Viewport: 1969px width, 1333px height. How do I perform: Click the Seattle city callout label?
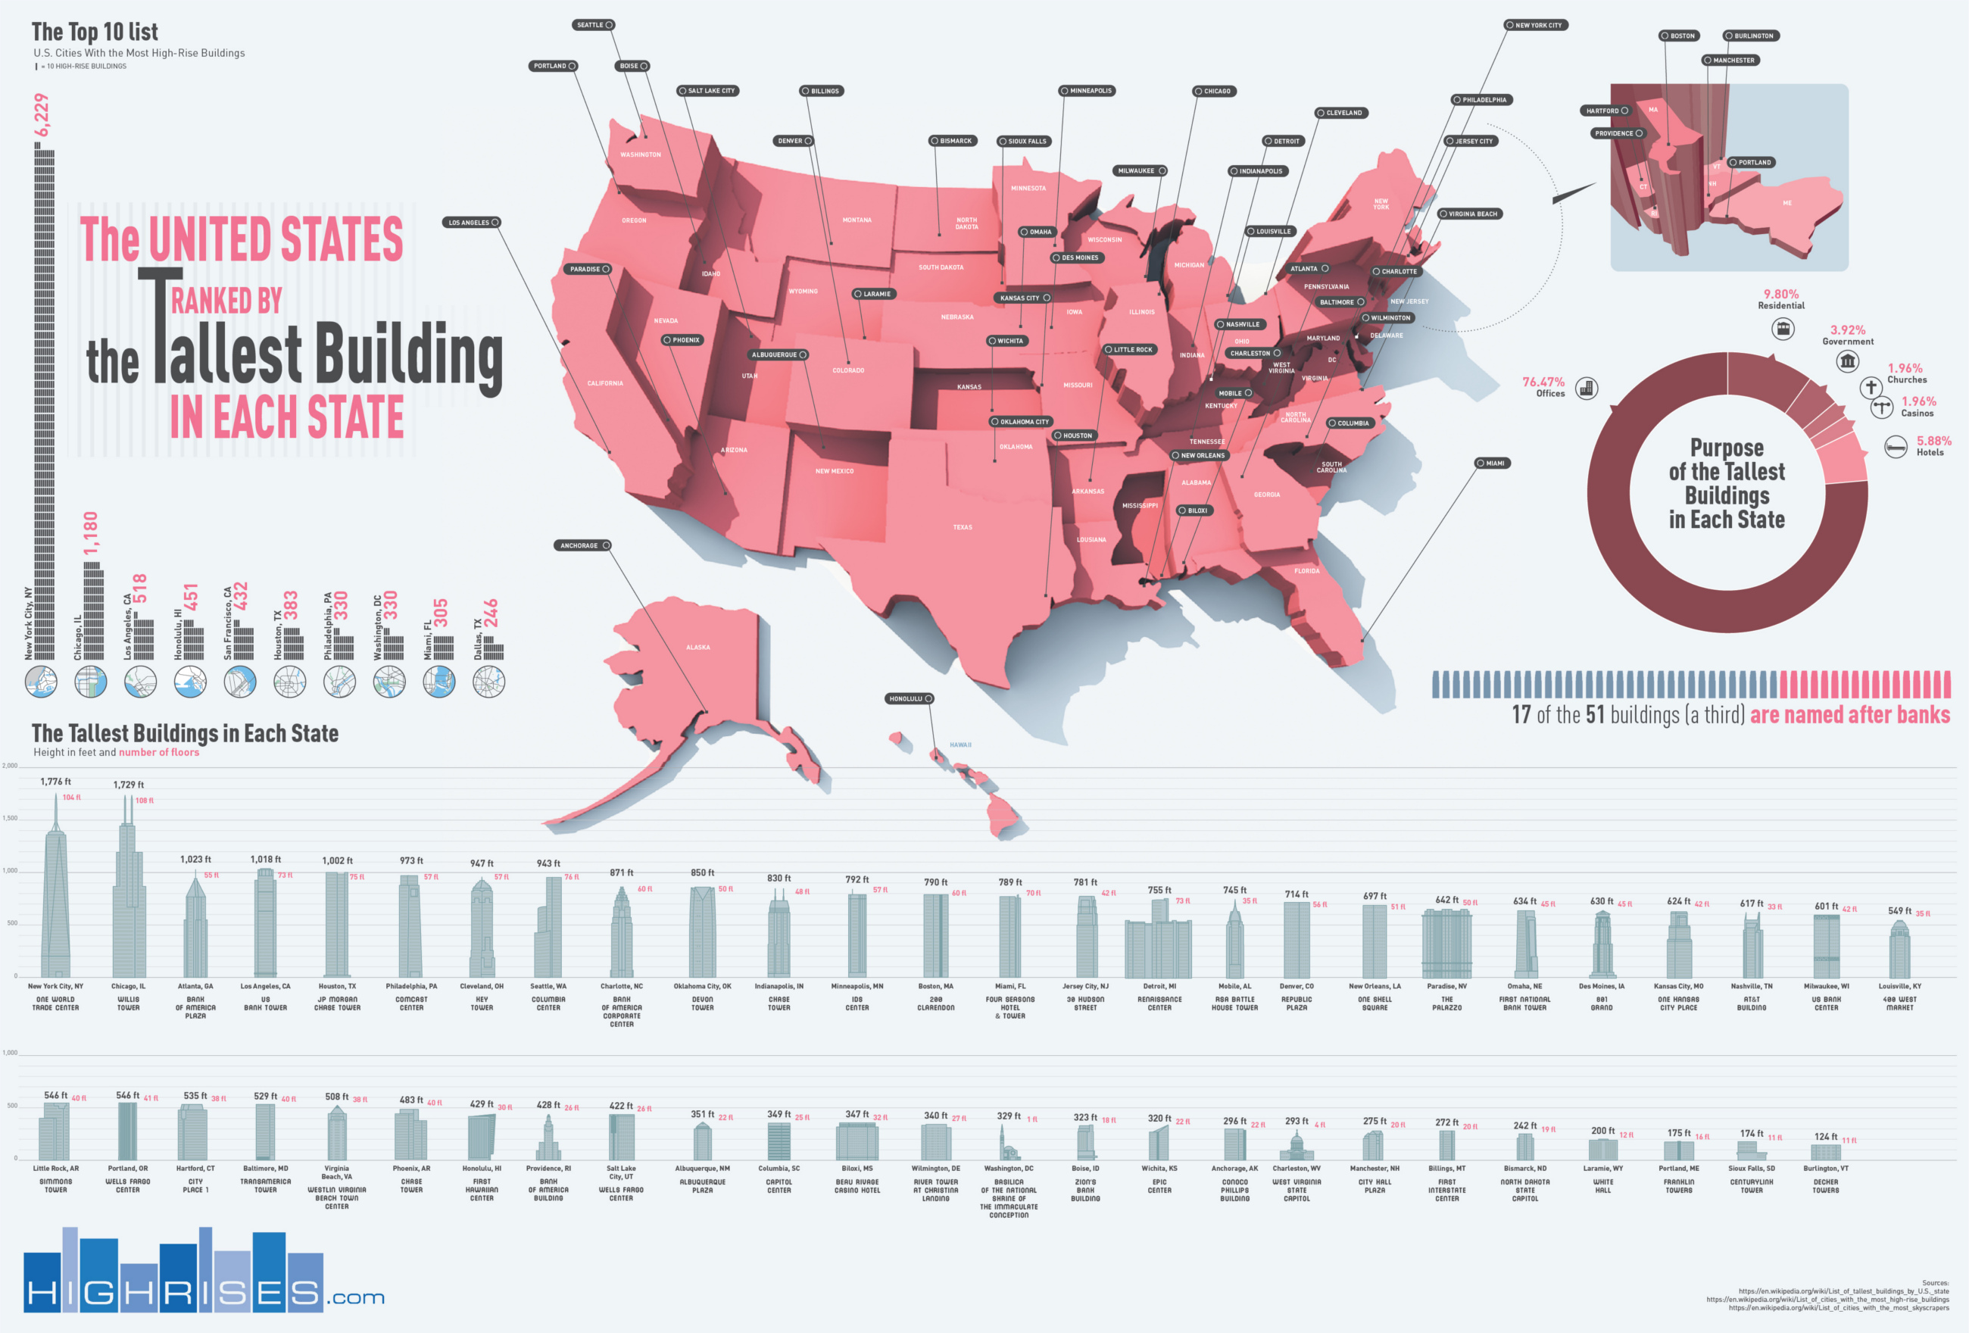tap(592, 24)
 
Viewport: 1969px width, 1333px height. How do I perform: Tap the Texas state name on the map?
tap(963, 527)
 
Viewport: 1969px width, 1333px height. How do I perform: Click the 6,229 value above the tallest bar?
tap(42, 114)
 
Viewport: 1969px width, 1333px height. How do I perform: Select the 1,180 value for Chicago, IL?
tap(91, 533)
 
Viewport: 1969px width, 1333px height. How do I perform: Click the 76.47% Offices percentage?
tap(1543, 382)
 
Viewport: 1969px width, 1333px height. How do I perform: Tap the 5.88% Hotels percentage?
tap(1934, 441)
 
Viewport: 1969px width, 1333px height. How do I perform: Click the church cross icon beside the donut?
tap(1871, 387)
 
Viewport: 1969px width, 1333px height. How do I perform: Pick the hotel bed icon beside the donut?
tap(1896, 446)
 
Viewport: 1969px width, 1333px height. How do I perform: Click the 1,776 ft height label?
tap(56, 782)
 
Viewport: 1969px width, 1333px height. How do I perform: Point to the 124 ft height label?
tap(1826, 1136)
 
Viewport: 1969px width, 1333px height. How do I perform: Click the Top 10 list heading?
tap(95, 33)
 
